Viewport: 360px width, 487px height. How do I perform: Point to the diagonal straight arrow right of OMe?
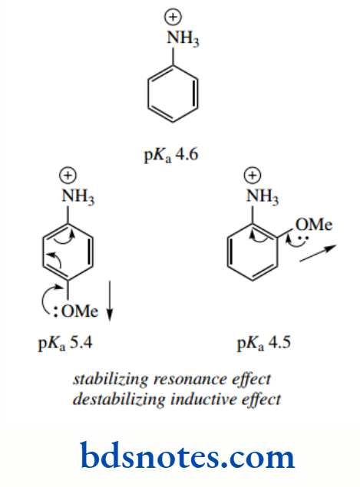[x=317, y=254]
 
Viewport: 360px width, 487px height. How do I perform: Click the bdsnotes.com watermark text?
[x=187, y=456]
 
